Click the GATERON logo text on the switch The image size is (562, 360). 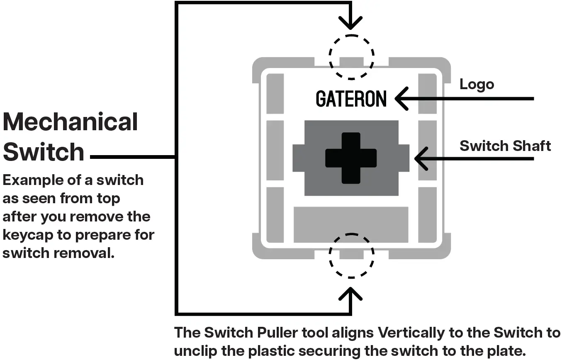(351, 99)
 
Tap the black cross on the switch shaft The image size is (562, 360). (351, 158)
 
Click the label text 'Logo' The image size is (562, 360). (477, 85)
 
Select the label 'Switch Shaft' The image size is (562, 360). (505, 146)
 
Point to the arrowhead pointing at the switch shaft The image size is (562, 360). (420, 158)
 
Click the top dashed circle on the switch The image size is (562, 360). (351, 57)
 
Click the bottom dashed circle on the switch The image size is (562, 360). (351, 255)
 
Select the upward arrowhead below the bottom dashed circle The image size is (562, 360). (351, 294)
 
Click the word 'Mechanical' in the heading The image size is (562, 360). (71, 122)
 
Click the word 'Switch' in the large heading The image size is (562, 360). (44, 152)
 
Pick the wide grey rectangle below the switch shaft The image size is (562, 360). (351, 224)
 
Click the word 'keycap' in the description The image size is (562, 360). (28, 235)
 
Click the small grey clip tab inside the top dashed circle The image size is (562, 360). (351, 62)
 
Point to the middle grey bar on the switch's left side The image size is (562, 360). (275, 150)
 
